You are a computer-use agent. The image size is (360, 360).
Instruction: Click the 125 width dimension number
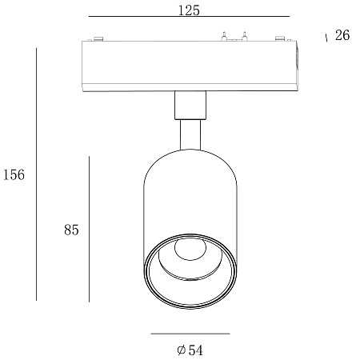tap(189, 10)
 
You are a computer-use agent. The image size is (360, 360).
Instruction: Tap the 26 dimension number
tap(342, 35)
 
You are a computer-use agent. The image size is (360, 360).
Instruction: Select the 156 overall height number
tap(14, 174)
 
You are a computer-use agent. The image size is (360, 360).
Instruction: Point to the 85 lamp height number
tap(71, 230)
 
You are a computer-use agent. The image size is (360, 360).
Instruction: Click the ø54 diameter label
tap(190, 350)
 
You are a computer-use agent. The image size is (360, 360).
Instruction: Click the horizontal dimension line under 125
tap(189, 17)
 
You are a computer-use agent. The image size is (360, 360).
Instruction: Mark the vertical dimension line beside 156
tap(36, 174)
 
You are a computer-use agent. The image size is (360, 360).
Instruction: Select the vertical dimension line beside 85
tap(89, 230)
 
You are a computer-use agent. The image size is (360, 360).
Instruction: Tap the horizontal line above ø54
tap(190, 334)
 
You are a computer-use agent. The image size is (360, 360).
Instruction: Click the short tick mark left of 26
tap(326, 38)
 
